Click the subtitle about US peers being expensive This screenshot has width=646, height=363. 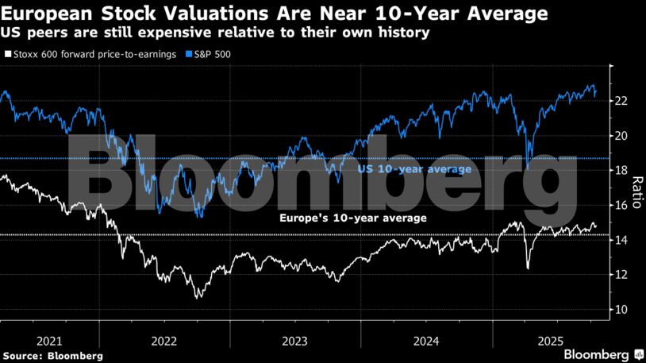click(215, 33)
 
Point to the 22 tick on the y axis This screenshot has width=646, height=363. click(621, 101)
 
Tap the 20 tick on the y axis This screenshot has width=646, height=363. click(621, 136)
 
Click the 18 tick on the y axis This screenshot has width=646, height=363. click(621, 171)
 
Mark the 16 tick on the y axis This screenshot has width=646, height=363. click(621, 205)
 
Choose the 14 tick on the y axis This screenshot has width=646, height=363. click(621, 240)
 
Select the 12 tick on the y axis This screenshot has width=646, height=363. click(621, 275)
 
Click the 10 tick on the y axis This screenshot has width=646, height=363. click(621, 310)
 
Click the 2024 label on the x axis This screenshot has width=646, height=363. click(426, 340)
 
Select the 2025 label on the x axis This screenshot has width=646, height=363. click(550, 340)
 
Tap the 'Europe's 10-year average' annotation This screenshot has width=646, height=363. click(354, 218)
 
